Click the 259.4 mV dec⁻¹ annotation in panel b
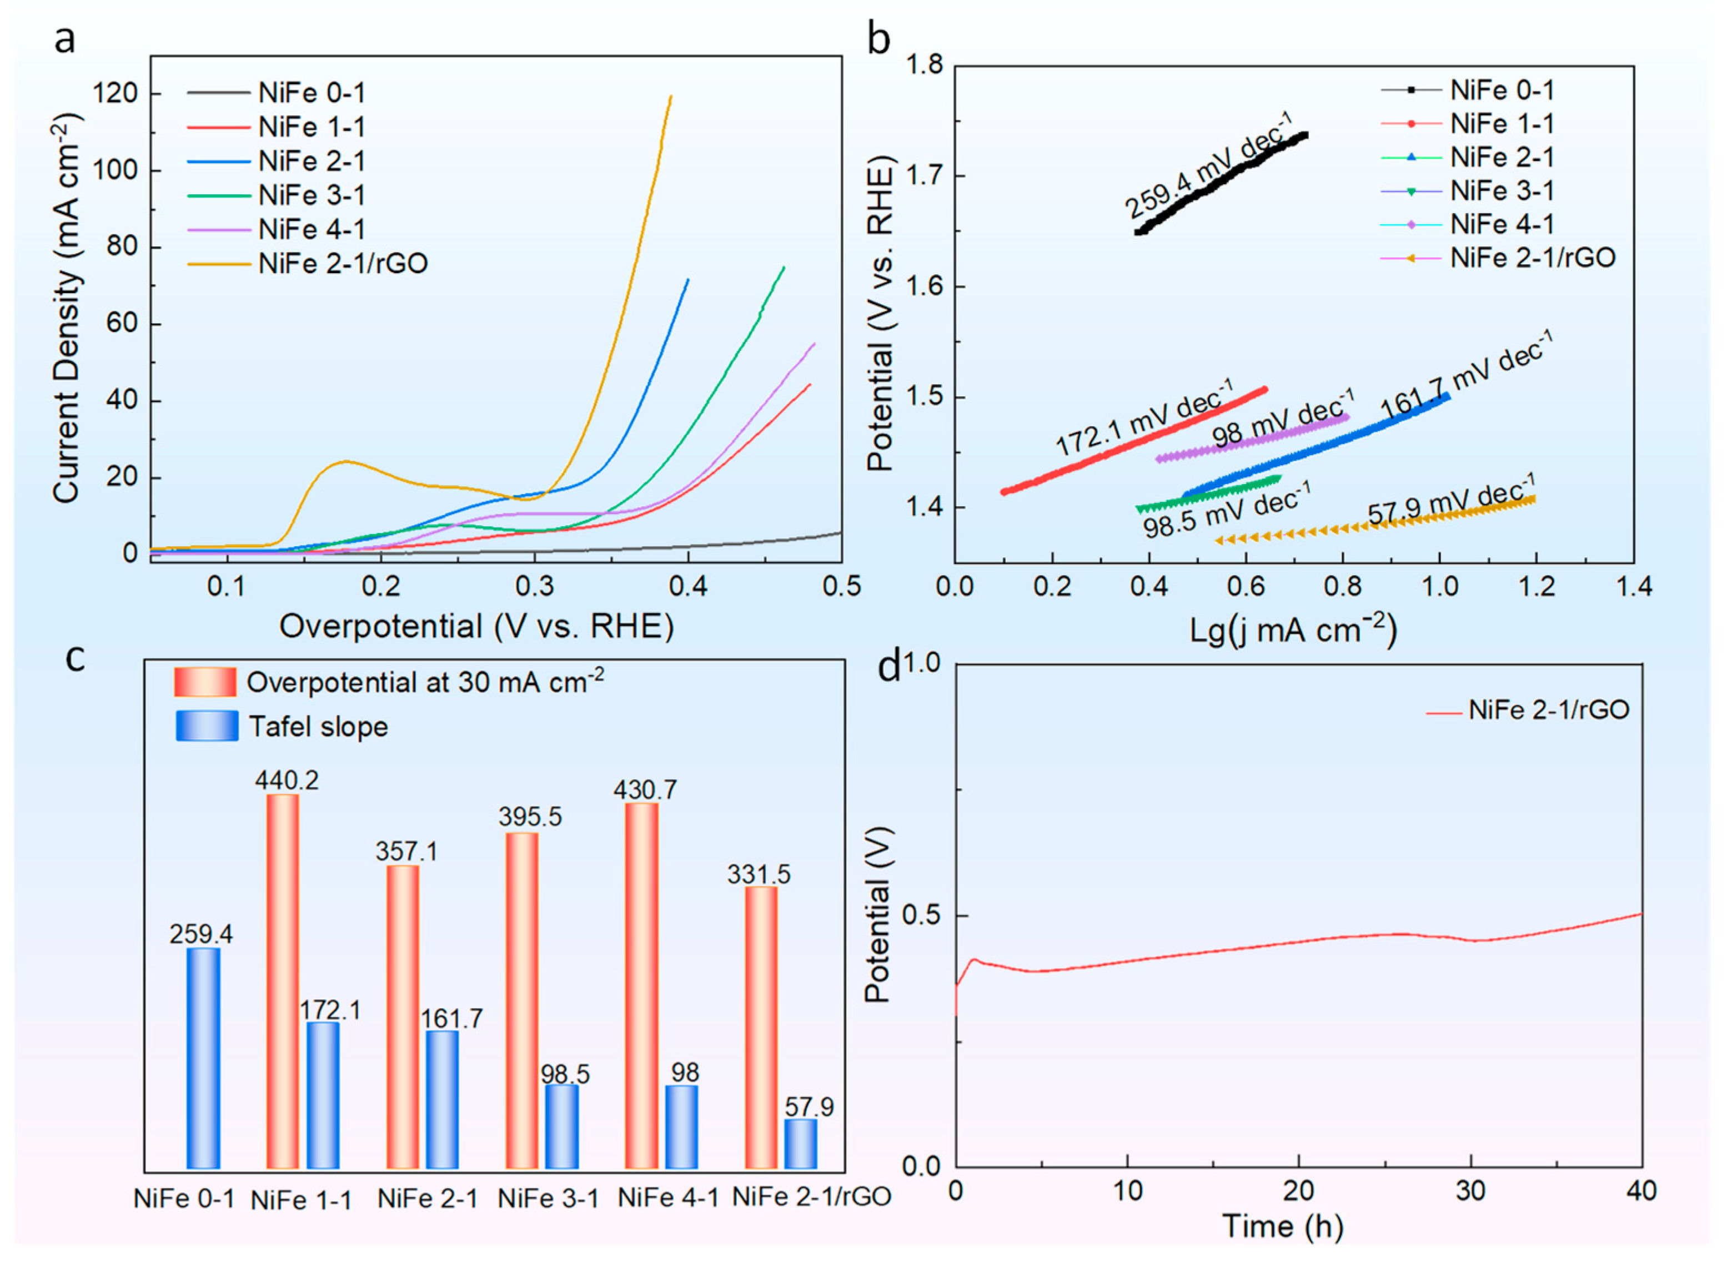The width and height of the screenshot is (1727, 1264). click(x=1207, y=164)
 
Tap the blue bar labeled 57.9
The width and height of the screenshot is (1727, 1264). click(x=800, y=1144)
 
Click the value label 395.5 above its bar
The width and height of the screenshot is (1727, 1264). click(x=530, y=817)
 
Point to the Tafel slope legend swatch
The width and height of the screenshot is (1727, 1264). click(x=207, y=726)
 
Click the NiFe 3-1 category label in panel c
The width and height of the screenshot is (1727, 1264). click(x=548, y=1198)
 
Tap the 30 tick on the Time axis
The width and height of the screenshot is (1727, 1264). click(x=1470, y=1191)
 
